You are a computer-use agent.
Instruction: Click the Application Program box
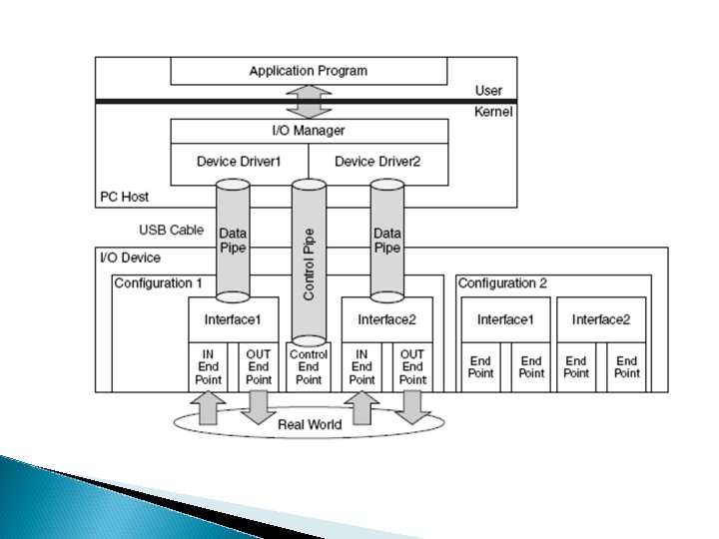[x=308, y=71]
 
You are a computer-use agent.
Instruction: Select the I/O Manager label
[x=308, y=131]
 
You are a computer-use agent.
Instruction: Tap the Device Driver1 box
[x=239, y=162]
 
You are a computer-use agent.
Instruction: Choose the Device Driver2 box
[x=376, y=162]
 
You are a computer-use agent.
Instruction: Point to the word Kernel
[x=492, y=112]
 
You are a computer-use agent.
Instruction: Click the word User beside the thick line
[x=488, y=91]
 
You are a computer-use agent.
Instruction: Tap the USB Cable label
[x=171, y=230]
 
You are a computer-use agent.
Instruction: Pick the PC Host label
[x=125, y=197]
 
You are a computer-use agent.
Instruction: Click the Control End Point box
[x=309, y=366]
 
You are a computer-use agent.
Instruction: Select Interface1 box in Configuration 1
[x=233, y=319]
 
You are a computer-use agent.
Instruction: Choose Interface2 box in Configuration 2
[x=601, y=319]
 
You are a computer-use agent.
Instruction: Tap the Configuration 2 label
[x=502, y=283]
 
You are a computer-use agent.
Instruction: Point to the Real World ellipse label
[x=309, y=424]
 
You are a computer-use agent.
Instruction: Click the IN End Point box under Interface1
[x=209, y=366]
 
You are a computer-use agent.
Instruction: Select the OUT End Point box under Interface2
[x=411, y=366]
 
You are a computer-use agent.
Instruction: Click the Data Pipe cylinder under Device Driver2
[x=386, y=240]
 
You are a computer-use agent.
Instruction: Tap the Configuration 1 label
[x=158, y=283]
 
